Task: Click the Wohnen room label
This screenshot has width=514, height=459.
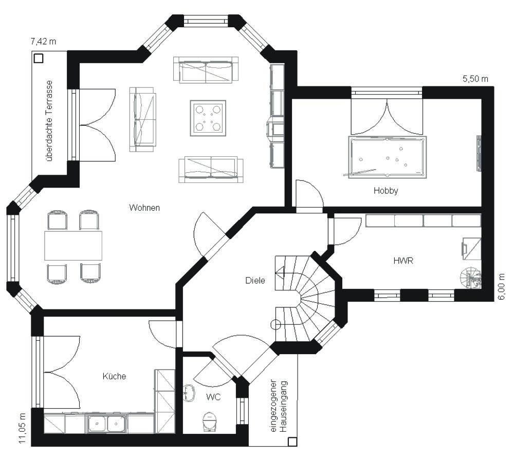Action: (144, 208)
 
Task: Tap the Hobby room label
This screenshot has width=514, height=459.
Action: (386, 191)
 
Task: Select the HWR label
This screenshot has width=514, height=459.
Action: (403, 261)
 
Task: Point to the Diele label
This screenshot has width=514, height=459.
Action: (255, 280)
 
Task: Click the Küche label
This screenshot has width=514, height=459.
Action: (114, 376)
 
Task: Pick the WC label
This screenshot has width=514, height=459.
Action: (213, 397)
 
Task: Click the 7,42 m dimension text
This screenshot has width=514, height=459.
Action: (43, 42)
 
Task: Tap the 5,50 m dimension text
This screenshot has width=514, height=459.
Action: (475, 79)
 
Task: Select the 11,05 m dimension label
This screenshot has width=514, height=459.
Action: (22, 428)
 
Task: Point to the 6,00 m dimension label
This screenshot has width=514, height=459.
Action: (502, 287)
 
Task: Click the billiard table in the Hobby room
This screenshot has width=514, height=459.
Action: (387, 157)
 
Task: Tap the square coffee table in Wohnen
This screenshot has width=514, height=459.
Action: (208, 118)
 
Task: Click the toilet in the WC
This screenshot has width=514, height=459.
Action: (209, 421)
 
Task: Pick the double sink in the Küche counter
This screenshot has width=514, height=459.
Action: (106, 423)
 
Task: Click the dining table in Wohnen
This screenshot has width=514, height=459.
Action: (73, 246)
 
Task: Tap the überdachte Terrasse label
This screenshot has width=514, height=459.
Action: (49, 121)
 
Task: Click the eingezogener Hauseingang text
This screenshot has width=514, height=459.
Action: (279, 406)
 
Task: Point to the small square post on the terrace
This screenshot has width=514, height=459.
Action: (39, 59)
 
